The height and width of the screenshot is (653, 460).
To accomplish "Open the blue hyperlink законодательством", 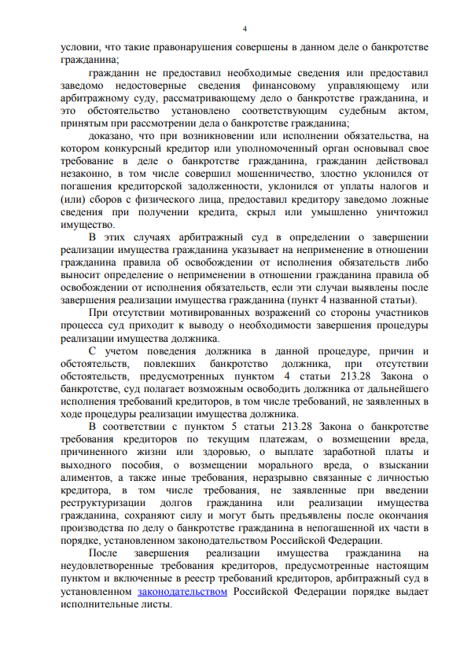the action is [182, 592].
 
